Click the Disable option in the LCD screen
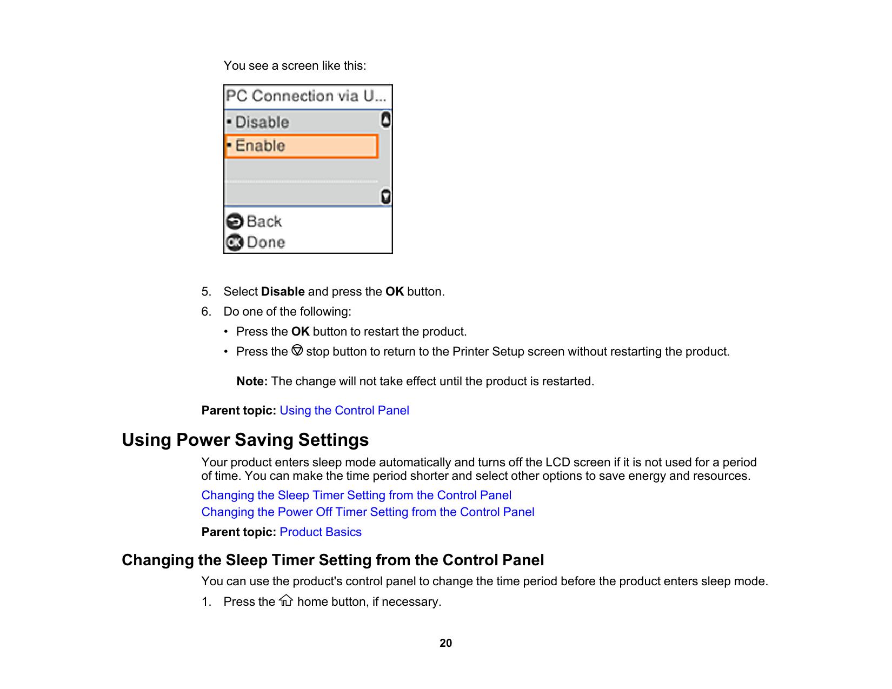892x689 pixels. pyautogui.click(x=262, y=123)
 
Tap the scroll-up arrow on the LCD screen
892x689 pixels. pyautogui.click(x=385, y=119)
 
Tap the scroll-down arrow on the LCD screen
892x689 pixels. pyautogui.click(x=385, y=197)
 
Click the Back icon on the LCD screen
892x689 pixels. pyautogui.click(x=235, y=222)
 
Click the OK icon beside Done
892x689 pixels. pyautogui.click(x=235, y=243)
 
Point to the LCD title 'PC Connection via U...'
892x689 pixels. pyautogui.click(x=306, y=96)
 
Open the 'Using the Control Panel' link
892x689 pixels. pyautogui.click(x=344, y=411)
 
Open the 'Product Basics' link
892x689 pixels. pyautogui.click(x=320, y=532)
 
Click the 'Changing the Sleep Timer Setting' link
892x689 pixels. pyautogui.click(x=356, y=496)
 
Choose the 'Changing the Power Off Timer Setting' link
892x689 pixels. pyautogui.click(x=368, y=512)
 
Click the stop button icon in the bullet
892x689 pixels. pyautogui.click(x=297, y=351)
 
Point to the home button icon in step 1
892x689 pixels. pyautogui.click(x=286, y=601)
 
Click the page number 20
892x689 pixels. pyautogui.click(x=445, y=643)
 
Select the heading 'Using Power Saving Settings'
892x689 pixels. pyautogui.click(x=245, y=440)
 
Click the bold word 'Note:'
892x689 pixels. pyautogui.click(x=252, y=382)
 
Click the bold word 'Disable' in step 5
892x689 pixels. pyautogui.click(x=283, y=292)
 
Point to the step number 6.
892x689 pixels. pyautogui.click(x=206, y=312)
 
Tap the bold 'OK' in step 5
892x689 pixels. pyautogui.click(x=394, y=292)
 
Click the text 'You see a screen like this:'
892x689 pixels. pyautogui.click(x=295, y=66)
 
